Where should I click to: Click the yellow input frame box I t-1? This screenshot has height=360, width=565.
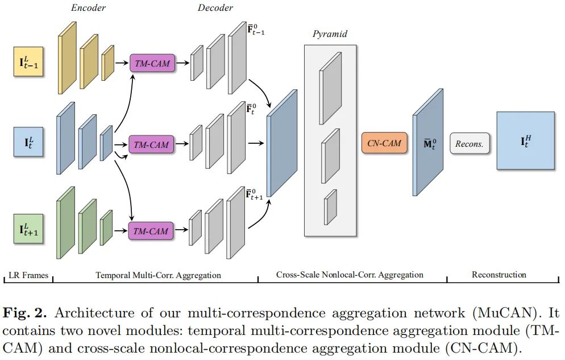click(28, 62)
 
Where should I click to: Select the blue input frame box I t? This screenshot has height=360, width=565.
click(28, 142)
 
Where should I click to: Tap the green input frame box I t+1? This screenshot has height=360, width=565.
click(28, 229)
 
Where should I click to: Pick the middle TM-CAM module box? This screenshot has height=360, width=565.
click(151, 144)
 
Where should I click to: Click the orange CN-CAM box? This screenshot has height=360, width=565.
click(384, 143)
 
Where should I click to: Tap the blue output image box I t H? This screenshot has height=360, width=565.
click(525, 140)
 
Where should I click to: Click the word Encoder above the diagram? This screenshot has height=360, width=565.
click(88, 7)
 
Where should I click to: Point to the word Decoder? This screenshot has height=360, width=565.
click(215, 7)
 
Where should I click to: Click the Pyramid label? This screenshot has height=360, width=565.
click(330, 34)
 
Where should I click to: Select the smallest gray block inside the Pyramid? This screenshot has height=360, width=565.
click(330, 208)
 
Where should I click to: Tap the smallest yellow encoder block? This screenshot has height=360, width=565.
click(107, 63)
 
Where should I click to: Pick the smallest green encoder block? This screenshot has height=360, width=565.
click(106, 227)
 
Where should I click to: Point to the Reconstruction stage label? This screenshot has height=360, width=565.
click(498, 275)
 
